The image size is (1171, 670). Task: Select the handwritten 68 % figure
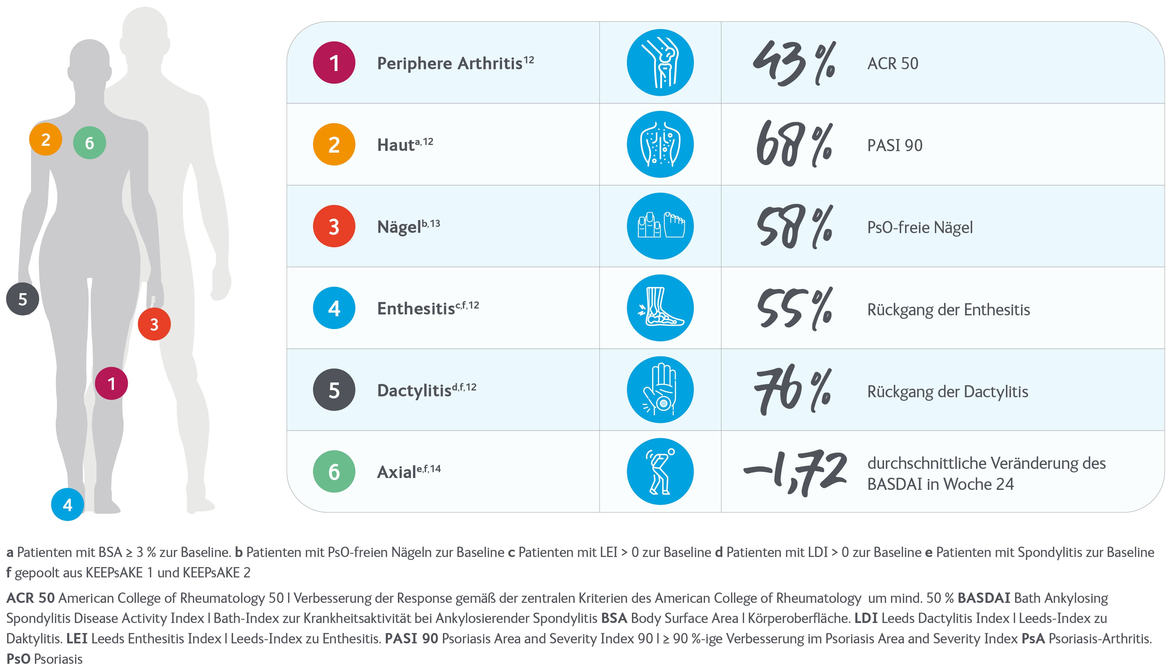[x=794, y=144]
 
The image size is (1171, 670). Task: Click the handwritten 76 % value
[x=792, y=391]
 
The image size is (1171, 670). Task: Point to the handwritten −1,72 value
[x=795, y=473]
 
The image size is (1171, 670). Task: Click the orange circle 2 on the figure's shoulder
[x=46, y=139]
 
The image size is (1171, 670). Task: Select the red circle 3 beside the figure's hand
[x=154, y=324]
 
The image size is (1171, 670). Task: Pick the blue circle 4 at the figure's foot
[x=68, y=504]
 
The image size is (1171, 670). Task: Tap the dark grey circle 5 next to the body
[x=22, y=299]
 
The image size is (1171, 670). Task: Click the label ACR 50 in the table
[x=892, y=64]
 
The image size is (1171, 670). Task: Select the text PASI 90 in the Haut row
[x=894, y=146]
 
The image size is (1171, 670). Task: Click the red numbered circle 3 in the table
[x=334, y=226]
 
